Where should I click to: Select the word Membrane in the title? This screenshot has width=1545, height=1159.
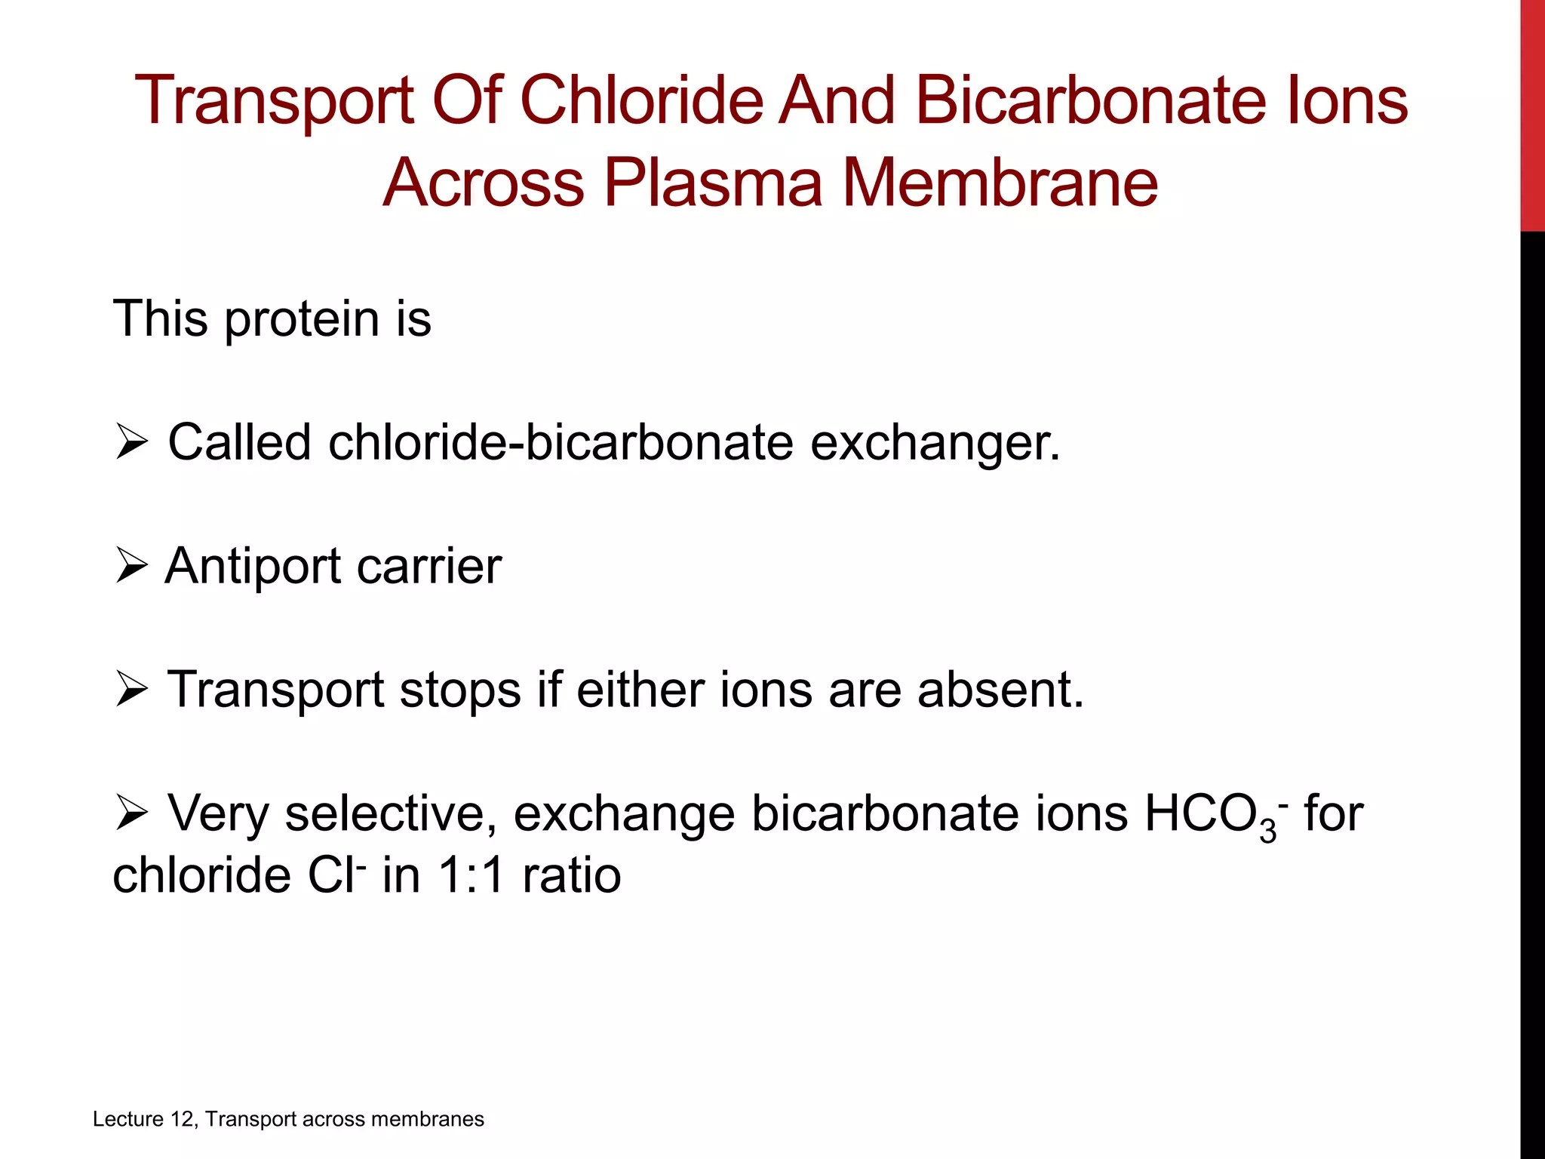point(1000,183)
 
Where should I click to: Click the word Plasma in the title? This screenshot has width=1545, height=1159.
point(712,183)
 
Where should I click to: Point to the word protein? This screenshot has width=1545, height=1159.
point(302,319)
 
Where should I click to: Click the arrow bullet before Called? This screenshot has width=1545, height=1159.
point(132,443)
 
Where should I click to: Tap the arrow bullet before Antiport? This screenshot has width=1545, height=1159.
point(132,566)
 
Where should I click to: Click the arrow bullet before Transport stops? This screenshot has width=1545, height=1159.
point(132,690)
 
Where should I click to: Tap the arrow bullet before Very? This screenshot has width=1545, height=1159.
point(132,814)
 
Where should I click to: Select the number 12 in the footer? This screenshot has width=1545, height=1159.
point(183,1119)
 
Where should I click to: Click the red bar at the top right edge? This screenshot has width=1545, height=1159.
point(1532,113)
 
